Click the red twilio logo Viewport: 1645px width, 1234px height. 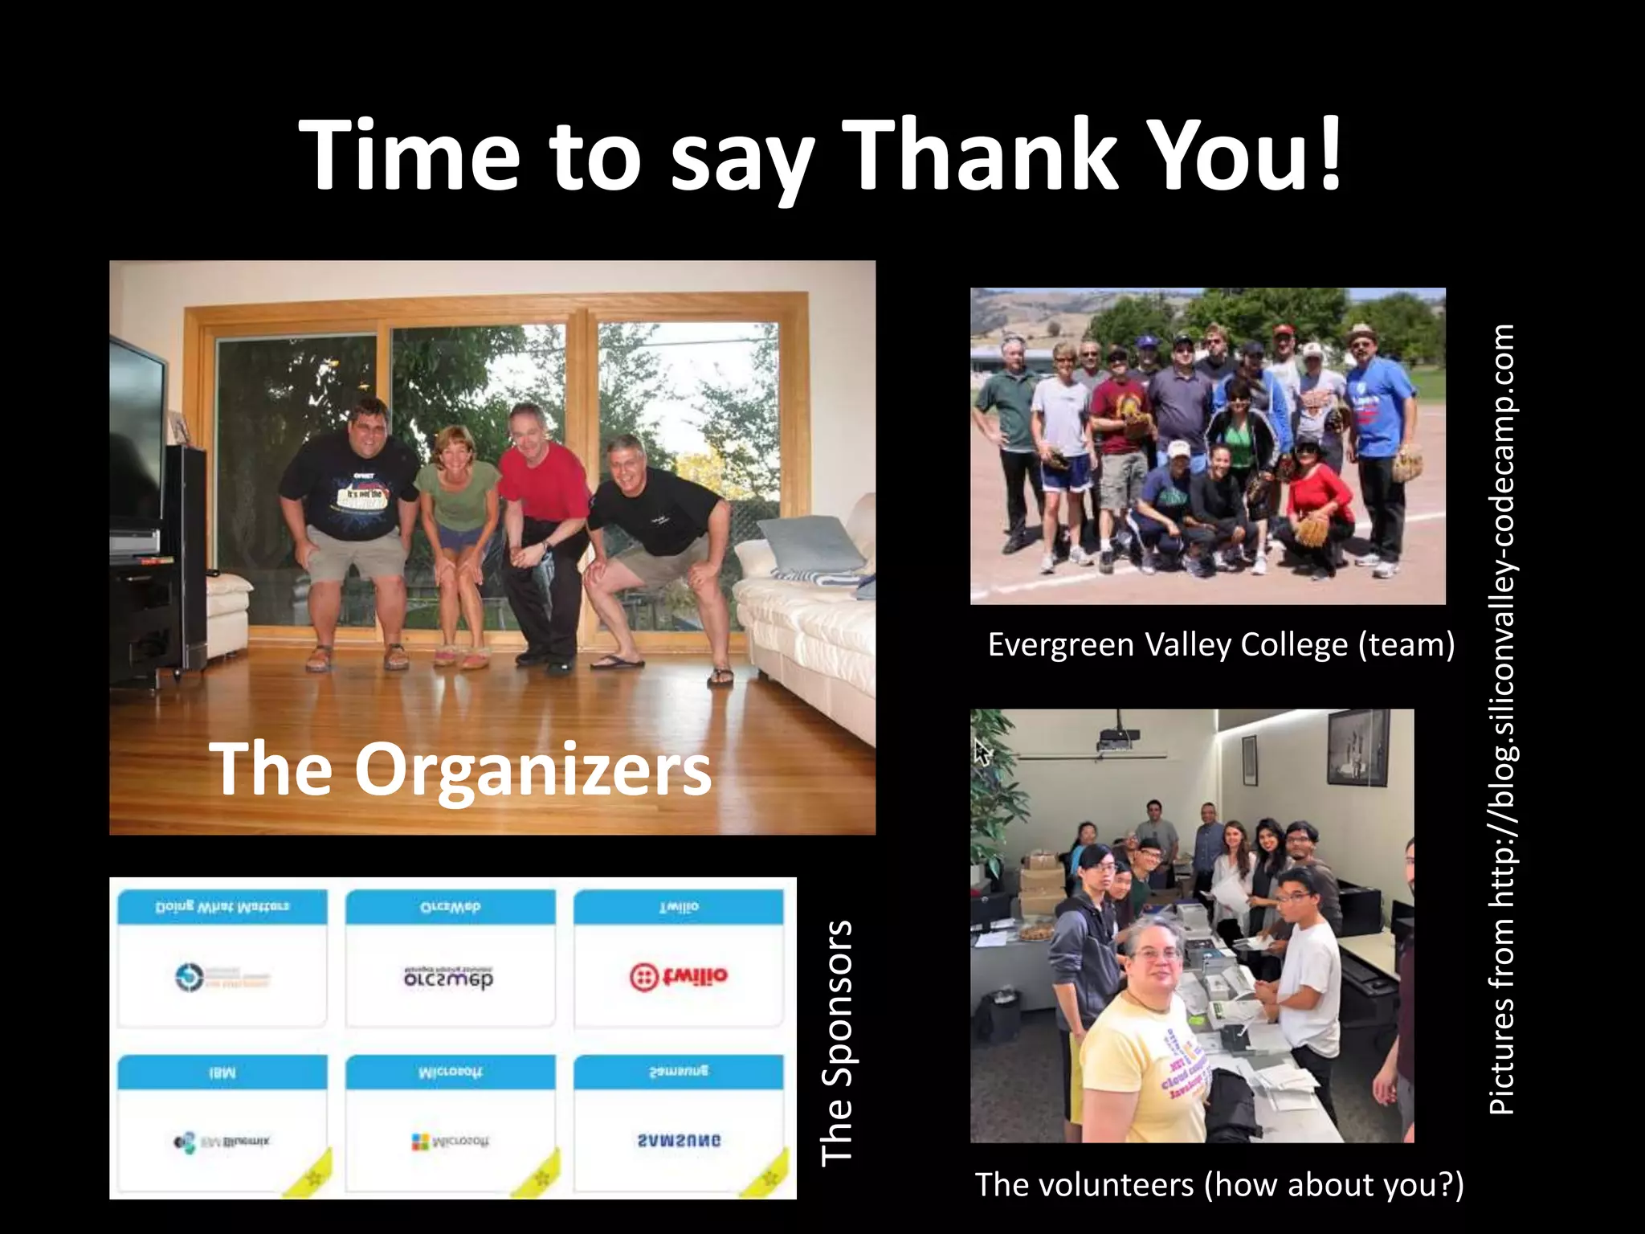[679, 977]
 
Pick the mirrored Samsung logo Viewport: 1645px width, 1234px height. [679, 1140]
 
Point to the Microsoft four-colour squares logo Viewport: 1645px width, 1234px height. [420, 1142]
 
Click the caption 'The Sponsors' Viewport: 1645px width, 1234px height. [836, 1042]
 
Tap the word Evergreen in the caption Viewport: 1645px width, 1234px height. [1060, 645]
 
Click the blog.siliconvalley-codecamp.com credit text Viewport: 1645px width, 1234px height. [1501, 718]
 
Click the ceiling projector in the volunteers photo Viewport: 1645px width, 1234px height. [1117, 736]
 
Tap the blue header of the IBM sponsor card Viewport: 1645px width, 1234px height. [222, 1073]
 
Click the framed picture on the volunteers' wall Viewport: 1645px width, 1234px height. [1357, 748]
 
